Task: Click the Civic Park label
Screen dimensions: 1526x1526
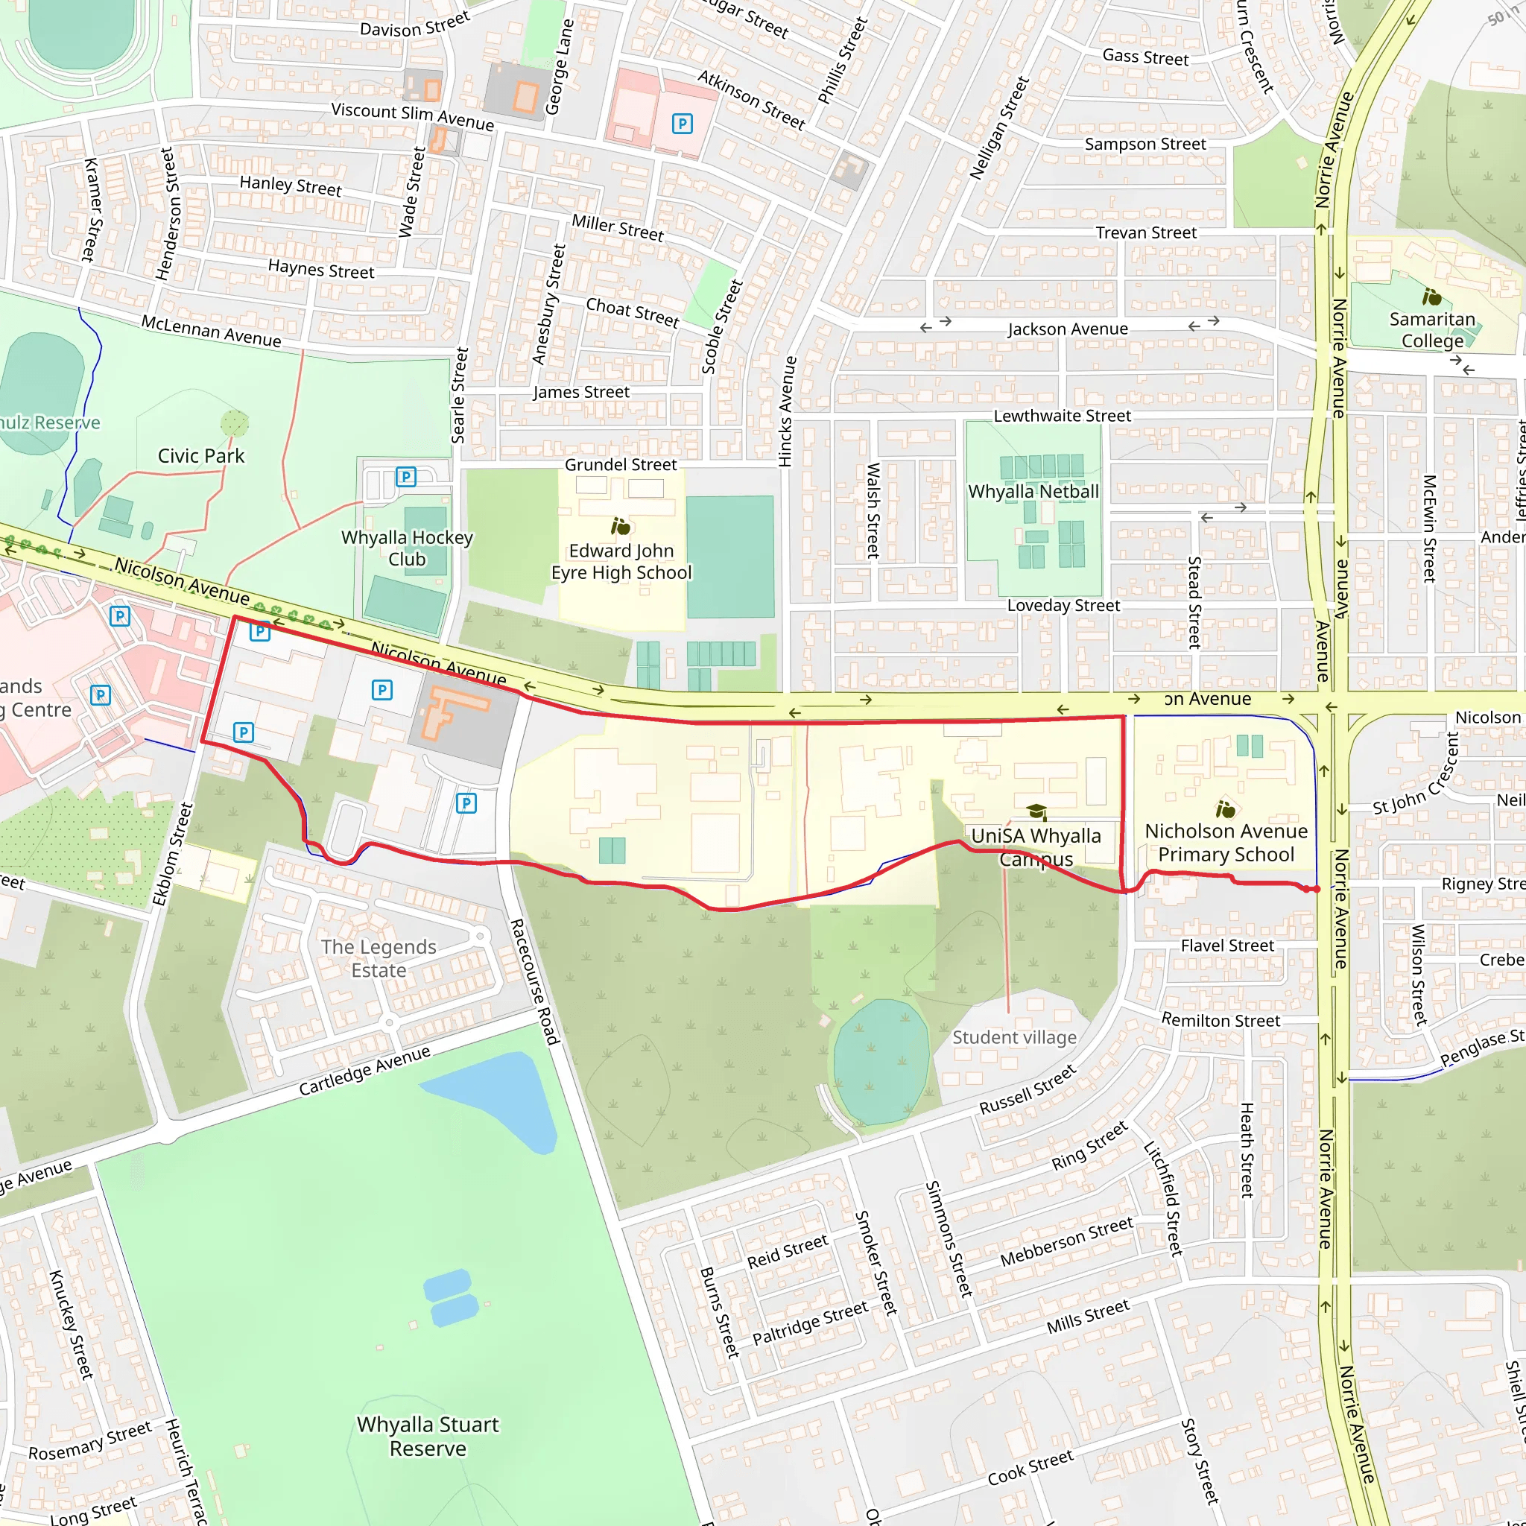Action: [x=200, y=456]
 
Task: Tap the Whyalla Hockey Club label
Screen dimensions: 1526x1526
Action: [x=407, y=548]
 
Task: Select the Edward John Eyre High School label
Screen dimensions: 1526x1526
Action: [x=621, y=562]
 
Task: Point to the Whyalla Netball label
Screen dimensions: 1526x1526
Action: [x=1033, y=491]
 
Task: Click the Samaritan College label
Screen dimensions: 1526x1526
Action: [x=1432, y=330]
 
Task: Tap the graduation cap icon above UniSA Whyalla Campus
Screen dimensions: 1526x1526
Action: [x=1036, y=812]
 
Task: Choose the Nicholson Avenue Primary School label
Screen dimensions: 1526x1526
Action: [x=1226, y=842]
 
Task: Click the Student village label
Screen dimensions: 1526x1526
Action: [x=1014, y=1037]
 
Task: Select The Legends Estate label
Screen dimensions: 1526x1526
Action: [x=379, y=958]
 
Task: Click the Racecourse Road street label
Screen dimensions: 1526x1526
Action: [x=535, y=981]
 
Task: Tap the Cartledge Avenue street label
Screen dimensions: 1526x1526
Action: [x=364, y=1070]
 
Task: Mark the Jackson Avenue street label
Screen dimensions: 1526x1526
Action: [x=1067, y=329]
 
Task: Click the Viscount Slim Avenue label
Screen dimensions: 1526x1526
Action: [x=412, y=116]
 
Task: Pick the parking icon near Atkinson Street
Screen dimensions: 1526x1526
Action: [x=682, y=123]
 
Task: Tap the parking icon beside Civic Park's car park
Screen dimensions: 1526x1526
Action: [x=405, y=476]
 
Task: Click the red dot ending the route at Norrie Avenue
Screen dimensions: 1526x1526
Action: [x=1317, y=890]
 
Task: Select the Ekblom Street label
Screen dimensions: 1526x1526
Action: [x=173, y=855]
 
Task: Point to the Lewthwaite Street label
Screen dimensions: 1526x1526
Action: [x=1062, y=416]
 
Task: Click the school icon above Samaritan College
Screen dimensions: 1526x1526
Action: [x=1431, y=297]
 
